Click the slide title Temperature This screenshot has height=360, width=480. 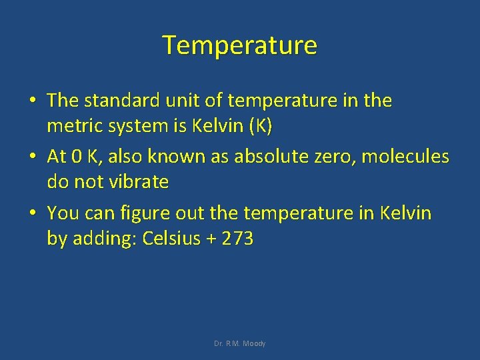pyautogui.click(x=240, y=45)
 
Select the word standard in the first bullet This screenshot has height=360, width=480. pyautogui.click(x=115, y=101)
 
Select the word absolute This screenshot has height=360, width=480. pyautogui.click(x=272, y=157)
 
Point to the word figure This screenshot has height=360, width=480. pyautogui.click(x=142, y=214)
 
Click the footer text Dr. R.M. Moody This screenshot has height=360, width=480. pyautogui.click(x=240, y=343)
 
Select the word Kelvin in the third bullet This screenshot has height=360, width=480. pyautogui.click(x=405, y=214)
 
